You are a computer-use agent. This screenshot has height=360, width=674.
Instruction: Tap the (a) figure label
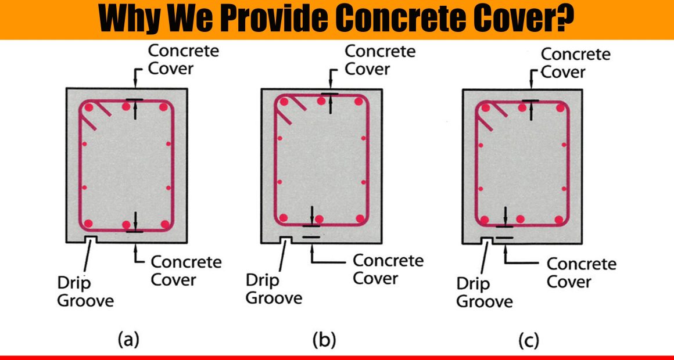(x=128, y=340)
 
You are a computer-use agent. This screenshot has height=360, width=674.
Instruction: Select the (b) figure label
(x=324, y=340)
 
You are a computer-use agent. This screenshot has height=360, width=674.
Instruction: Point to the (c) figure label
(x=528, y=341)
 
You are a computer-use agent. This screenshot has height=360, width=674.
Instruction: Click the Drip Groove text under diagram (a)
(x=85, y=291)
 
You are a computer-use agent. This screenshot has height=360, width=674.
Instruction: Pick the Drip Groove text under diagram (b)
(x=274, y=289)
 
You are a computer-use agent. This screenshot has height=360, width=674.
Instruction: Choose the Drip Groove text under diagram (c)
(x=485, y=292)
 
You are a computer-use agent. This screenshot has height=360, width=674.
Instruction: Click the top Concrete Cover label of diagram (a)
(x=184, y=59)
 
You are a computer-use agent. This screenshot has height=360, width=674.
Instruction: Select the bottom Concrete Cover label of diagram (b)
(x=388, y=269)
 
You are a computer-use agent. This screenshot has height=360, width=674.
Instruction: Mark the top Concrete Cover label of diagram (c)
(x=576, y=63)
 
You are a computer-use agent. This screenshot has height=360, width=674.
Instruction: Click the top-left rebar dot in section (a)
(x=88, y=107)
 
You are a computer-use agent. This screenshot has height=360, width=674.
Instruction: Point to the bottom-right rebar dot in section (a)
(x=165, y=224)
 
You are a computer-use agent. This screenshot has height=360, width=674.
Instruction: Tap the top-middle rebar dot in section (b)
(x=321, y=101)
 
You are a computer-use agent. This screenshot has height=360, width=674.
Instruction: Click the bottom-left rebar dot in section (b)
(x=284, y=217)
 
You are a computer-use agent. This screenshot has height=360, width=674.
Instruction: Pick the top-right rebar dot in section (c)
(x=560, y=107)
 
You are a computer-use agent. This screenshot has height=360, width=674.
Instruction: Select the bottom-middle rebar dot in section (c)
(x=520, y=219)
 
